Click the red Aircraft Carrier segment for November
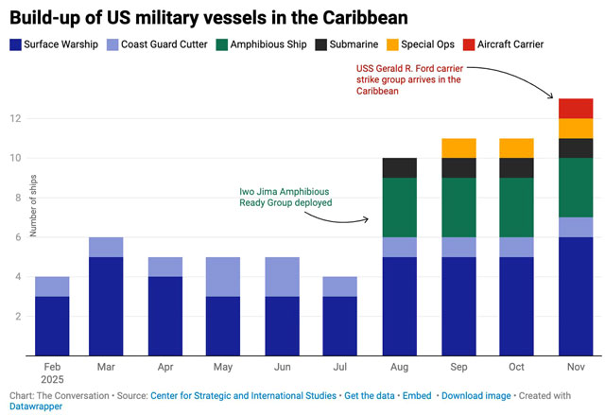click(576, 108)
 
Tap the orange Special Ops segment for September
click(458, 147)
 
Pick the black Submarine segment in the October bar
click(516, 167)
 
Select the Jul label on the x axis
click(339, 365)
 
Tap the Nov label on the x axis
click(576, 365)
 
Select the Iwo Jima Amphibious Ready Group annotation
click(285, 196)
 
